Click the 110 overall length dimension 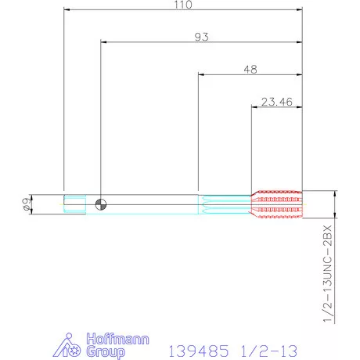coord(182,5)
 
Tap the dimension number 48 coord(250,69)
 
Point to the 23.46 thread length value coord(276,100)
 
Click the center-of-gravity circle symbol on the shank coord(99,204)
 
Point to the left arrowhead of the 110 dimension coord(67,10)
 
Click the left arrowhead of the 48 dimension coord(203,74)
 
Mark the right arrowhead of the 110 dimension coord(300,10)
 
